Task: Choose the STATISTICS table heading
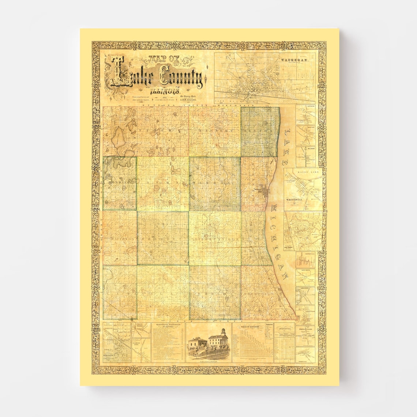(x=284, y=328)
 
